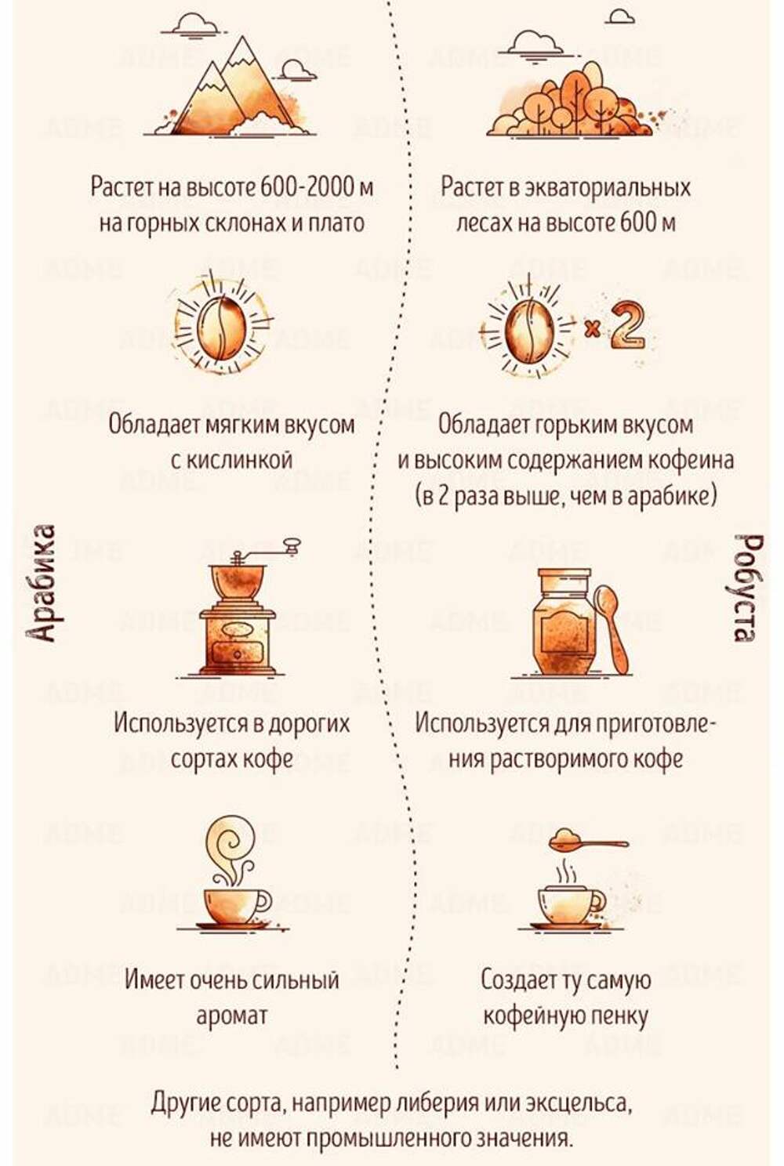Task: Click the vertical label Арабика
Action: click(x=42, y=583)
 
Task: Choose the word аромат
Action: click(x=231, y=1016)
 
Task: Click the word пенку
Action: click(x=620, y=1016)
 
